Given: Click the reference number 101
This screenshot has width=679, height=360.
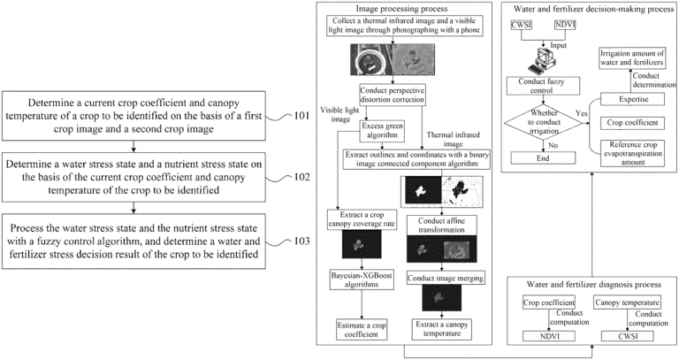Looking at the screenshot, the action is pyautogui.click(x=301, y=116).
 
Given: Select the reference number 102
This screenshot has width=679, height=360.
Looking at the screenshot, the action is pyautogui.click(x=301, y=177).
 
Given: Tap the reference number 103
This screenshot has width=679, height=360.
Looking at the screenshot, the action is pyautogui.click(x=301, y=241).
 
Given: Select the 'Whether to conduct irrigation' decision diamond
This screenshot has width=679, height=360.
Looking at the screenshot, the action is pyautogui.click(x=544, y=122).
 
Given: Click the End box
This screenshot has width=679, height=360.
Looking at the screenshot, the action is pyautogui.click(x=543, y=158).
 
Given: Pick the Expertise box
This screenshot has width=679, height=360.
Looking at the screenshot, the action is pyautogui.click(x=633, y=99).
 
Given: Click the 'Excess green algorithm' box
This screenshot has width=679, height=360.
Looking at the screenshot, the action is pyautogui.click(x=382, y=131).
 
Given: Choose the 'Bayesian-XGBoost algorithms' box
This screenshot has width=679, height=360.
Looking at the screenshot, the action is pyautogui.click(x=361, y=280).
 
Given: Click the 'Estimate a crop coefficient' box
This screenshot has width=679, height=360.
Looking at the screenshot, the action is pyautogui.click(x=362, y=330).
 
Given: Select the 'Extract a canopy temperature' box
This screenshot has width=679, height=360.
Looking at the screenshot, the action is pyautogui.click(x=442, y=329).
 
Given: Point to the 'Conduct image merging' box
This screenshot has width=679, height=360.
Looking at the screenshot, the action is pyautogui.click(x=446, y=279).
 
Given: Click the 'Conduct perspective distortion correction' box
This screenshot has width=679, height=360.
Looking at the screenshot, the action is pyautogui.click(x=393, y=95).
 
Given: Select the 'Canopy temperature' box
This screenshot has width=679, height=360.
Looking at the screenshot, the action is pyautogui.click(x=627, y=303).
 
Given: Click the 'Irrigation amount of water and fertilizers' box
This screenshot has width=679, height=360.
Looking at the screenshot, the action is pyautogui.click(x=632, y=57).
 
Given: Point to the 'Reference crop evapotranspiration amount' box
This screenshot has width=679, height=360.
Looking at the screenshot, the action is pyautogui.click(x=633, y=153).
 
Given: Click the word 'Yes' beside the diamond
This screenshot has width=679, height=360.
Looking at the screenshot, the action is pyautogui.click(x=582, y=113).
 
